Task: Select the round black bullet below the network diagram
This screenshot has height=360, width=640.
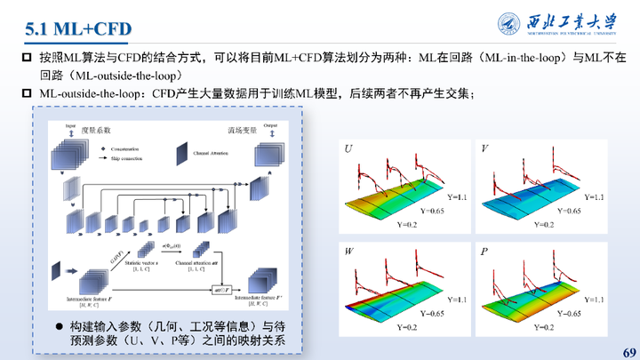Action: (60, 326)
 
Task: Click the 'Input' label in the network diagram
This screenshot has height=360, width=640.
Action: (69, 126)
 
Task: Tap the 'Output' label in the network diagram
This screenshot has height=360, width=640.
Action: (270, 125)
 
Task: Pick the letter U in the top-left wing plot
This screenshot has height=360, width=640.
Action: (348, 148)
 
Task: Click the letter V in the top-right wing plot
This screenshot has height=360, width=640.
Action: (484, 148)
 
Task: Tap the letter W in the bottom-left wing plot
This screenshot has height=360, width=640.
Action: (349, 252)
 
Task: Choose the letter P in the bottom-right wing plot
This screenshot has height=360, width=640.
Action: (484, 252)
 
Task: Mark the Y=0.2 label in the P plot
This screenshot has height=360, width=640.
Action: (545, 328)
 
